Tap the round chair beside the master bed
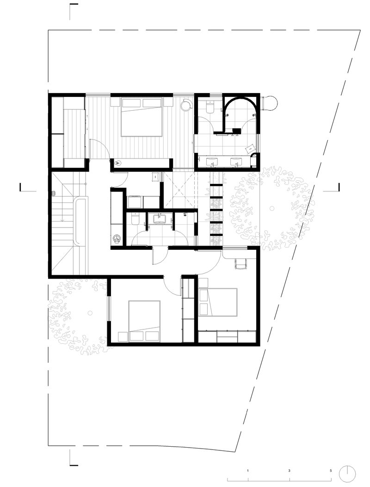coord(186,104)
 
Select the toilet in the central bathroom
coord(135,218)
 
